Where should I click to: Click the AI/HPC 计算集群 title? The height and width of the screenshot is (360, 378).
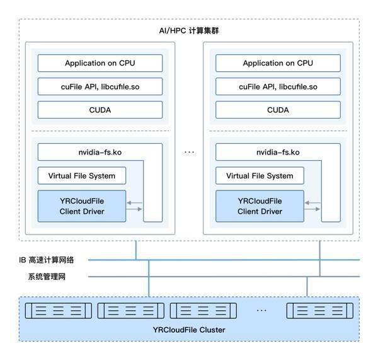(x=189, y=29)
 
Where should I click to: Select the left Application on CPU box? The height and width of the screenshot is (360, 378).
(x=100, y=63)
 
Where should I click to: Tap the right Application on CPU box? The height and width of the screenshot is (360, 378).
(x=278, y=63)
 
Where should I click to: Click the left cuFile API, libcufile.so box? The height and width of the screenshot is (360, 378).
(x=100, y=86)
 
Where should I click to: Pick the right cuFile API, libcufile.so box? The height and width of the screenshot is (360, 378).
(x=278, y=86)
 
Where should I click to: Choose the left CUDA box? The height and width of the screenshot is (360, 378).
(x=100, y=110)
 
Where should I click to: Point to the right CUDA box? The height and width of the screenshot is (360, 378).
(x=278, y=110)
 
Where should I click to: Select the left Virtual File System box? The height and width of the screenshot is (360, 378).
(x=81, y=176)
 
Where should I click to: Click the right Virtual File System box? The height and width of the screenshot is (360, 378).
(x=259, y=176)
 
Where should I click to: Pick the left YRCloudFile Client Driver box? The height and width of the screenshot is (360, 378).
(x=81, y=206)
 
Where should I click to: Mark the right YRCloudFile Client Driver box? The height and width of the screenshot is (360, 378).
(x=259, y=206)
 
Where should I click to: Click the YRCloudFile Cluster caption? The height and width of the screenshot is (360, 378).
(x=189, y=330)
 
